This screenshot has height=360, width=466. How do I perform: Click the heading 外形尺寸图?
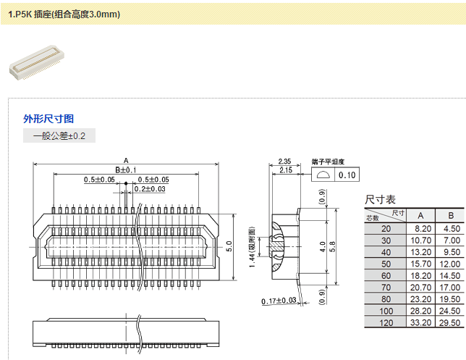pyautogui.click(x=48, y=119)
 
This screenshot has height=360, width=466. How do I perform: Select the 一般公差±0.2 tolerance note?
pyautogui.click(x=59, y=135)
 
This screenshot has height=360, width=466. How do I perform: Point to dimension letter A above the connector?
pyautogui.click(x=126, y=161)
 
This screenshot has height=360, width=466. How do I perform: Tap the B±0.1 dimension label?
pyautogui.click(x=126, y=170)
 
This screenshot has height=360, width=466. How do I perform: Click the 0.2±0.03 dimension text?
pyautogui.click(x=149, y=189)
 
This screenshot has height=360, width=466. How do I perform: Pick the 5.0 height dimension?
pyautogui.click(x=229, y=246)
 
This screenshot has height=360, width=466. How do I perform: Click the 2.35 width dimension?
pyautogui.click(x=284, y=162)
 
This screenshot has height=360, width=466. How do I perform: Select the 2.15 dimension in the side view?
pyautogui.click(x=284, y=170)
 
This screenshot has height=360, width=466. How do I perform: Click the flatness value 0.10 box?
pyautogui.click(x=347, y=175)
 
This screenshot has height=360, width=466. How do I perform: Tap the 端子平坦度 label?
pyautogui.click(x=328, y=162)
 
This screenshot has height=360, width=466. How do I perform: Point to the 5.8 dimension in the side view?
pyautogui.click(x=333, y=246)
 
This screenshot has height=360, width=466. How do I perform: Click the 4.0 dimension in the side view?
pyautogui.click(x=323, y=246)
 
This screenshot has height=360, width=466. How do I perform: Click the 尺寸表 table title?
pyautogui.click(x=380, y=199)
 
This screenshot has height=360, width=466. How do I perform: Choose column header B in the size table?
pyautogui.click(x=451, y=215)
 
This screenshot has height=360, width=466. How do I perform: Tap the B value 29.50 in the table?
pyautogui.click(x=451, y=322)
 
